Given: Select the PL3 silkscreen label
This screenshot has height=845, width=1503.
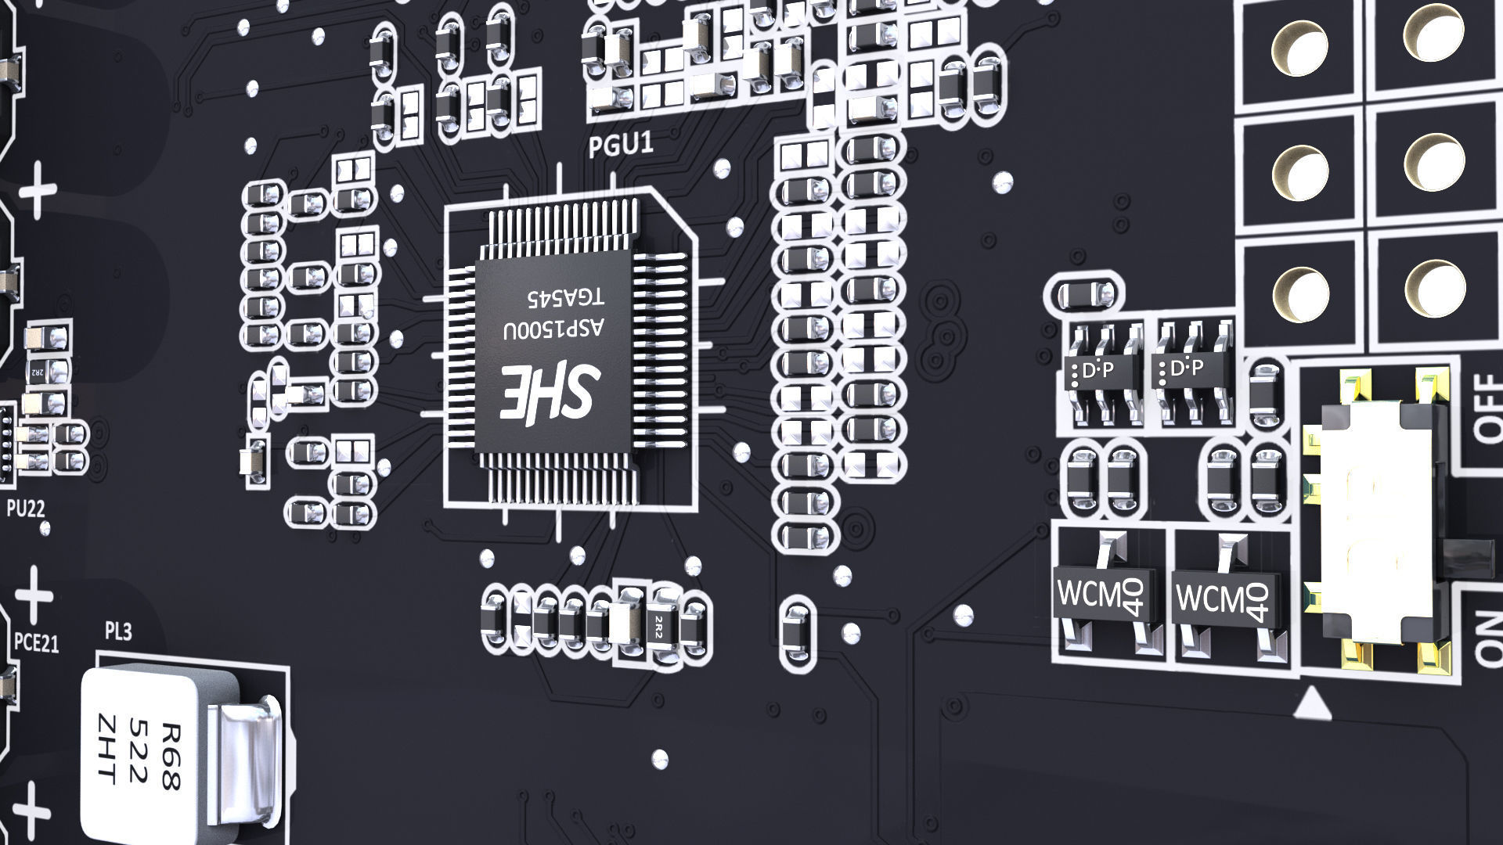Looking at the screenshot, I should [117, 630].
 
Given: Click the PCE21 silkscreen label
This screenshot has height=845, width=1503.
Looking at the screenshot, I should [37, 643].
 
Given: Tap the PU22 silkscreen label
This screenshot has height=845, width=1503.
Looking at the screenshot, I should [25, 509].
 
